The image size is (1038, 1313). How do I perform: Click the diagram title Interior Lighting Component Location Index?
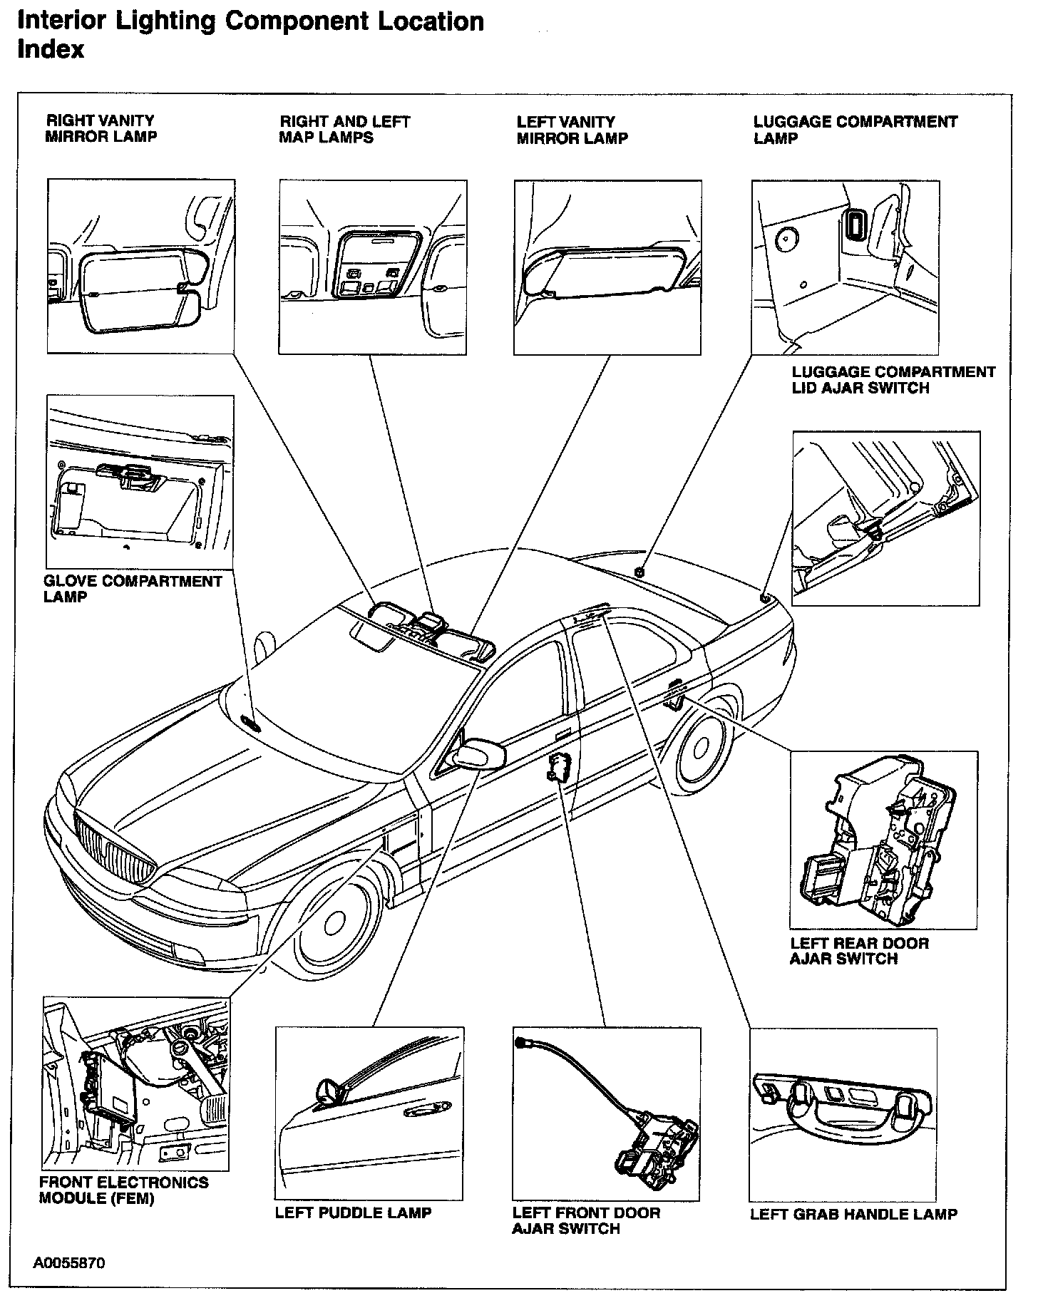250,35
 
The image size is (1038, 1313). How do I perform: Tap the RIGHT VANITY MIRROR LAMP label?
101,129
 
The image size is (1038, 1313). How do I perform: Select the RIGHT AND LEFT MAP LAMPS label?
344,130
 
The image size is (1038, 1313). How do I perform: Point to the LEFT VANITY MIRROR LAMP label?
572,130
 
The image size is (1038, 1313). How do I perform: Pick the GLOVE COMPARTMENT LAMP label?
133,589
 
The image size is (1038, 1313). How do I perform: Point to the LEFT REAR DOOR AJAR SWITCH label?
859,951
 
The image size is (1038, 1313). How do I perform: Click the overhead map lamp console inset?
372,267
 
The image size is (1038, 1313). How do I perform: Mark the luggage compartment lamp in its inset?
854,225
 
